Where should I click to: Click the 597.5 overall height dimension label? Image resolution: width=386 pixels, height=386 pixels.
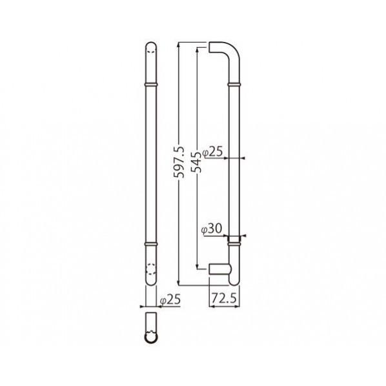coord(179,162)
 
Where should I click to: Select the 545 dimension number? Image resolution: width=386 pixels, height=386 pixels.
coord(196,162)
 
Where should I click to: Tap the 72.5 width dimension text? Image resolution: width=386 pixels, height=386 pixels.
coord(224,298)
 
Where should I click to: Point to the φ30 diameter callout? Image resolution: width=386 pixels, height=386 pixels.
coord(211,229)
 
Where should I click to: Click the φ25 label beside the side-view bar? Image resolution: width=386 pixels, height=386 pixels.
coord(212,152)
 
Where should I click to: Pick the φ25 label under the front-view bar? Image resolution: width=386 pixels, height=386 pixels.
coord(170,300)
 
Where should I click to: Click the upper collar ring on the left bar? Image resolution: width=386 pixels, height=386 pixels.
coord(150,85)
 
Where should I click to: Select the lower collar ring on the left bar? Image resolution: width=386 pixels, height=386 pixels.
coord(150,244)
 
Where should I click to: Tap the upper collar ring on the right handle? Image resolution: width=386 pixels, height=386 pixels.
coord(234,85)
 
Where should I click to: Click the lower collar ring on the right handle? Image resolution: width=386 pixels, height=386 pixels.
coord(234,244)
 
